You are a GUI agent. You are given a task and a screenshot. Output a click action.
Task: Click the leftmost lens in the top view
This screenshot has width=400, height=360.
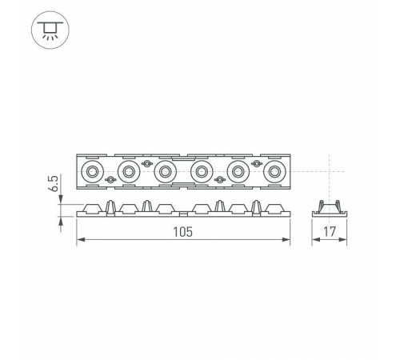click(92, 170)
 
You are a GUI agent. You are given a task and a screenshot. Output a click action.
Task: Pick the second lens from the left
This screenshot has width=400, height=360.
click(128, 170)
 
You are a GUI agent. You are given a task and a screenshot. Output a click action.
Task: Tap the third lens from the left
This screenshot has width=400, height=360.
click(165, 170)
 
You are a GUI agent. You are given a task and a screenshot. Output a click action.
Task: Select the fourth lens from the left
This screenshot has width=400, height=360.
click(202, 170)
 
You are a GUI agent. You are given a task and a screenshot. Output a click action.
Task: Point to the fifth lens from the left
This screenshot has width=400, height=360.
click(238, 170)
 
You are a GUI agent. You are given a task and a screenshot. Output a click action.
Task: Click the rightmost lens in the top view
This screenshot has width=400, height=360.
click(274, 170)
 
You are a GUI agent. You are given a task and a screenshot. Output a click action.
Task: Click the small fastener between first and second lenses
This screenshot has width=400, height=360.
click(110, 179)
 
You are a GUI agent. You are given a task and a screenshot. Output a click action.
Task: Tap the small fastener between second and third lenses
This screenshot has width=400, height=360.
click(146, 162)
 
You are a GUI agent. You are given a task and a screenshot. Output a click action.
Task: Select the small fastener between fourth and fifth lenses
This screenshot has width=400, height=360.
click(220, 179)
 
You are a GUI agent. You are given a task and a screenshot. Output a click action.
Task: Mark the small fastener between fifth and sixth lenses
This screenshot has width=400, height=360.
click(256, 162)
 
